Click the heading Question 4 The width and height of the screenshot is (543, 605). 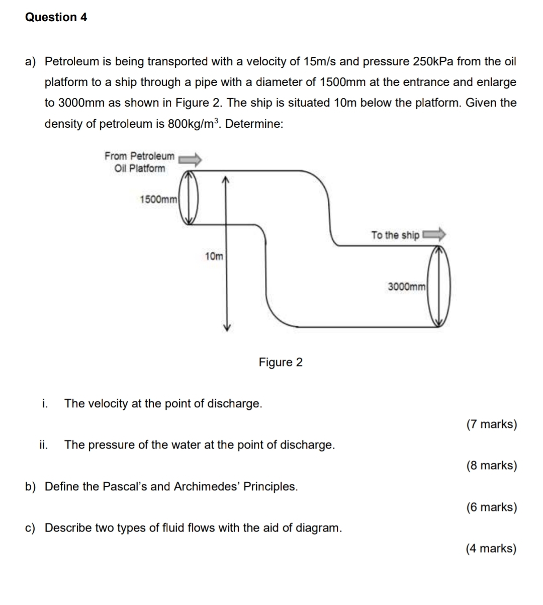(56, 17)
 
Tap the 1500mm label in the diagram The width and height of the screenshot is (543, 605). (158, 199)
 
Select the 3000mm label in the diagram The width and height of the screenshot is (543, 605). (407, 287)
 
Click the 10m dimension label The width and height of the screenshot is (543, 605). (214, 256)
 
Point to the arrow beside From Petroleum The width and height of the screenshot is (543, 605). (191, 159)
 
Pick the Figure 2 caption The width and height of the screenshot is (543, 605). (281, 362)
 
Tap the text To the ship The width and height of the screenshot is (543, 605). (395, 235)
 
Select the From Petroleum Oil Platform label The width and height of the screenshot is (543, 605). (139, 162)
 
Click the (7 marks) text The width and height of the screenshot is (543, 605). (491, 424)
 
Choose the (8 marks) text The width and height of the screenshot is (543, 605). (491, 465)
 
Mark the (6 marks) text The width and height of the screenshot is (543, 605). (491, 507)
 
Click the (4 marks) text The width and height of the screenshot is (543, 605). (491, 548)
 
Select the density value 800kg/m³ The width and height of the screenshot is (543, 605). (194, 124)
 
